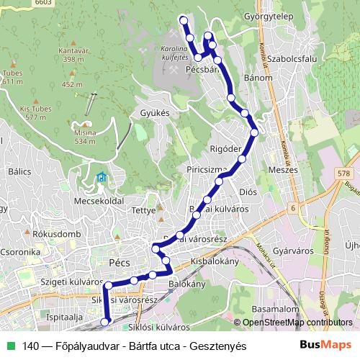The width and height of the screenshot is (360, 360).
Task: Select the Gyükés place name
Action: (x=155, y=113)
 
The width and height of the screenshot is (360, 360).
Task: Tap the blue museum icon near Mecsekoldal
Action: (x=102, y=177)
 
